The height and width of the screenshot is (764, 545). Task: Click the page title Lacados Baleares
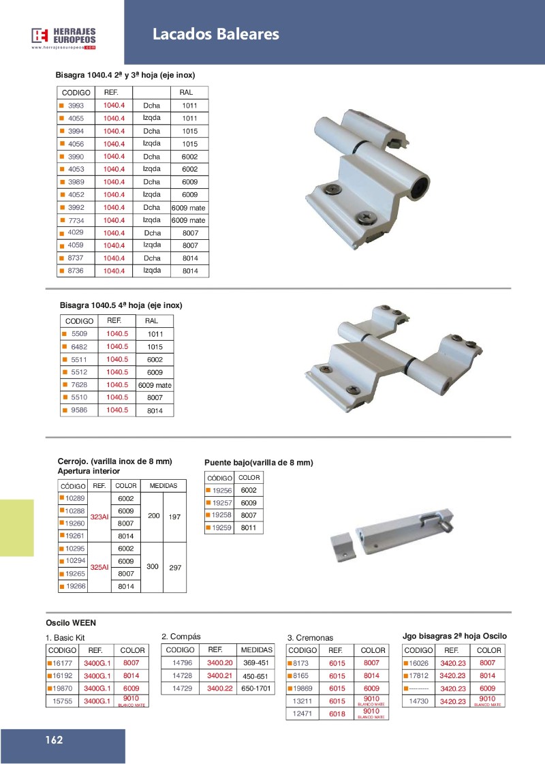coord(215,34)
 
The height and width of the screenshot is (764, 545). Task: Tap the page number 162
coord(54,740)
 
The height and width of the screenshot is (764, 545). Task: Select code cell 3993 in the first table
coord(76,106)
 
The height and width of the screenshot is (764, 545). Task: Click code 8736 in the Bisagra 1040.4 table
coord(76,271)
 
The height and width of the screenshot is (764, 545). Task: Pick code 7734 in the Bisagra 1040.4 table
coord(76,220)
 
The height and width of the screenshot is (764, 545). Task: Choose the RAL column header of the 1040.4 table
coord(186,92)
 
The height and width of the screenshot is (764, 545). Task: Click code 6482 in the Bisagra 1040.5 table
coord(80,347)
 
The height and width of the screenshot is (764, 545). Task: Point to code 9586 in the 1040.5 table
coord(80,410)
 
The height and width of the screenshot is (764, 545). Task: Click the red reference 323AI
coord(99,517)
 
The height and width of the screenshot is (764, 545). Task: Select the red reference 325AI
coord(99,567)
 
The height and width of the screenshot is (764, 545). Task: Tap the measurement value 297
coord(174,567)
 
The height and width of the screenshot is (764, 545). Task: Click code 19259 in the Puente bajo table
coord(222,528)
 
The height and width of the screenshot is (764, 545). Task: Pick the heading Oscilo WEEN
coord(71,622)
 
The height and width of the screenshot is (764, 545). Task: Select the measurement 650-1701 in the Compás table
coord(257,688)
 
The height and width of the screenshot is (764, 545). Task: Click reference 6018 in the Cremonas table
coord(337,714)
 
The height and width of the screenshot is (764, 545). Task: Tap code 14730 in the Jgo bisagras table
coord(418,701)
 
